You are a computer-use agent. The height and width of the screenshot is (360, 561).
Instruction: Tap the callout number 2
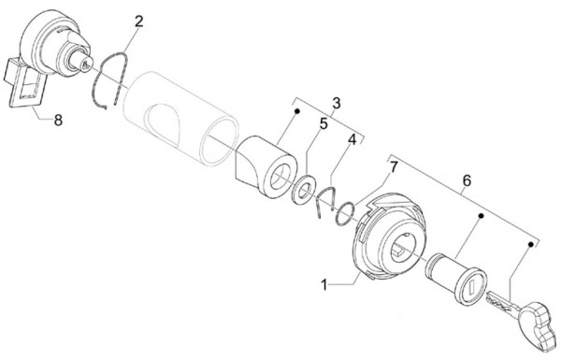click(138, 22)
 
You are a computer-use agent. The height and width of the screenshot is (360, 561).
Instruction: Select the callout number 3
click(336, 103)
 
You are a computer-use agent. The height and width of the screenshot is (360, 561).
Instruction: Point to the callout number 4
click(352, 140)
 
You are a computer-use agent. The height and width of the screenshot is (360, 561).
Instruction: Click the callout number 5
click(324, 124)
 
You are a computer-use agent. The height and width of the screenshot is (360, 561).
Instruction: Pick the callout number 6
click(467, 180)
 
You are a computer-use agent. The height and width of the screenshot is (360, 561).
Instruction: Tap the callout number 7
click(394, 166)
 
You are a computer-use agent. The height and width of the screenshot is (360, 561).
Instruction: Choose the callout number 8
click(58, 121)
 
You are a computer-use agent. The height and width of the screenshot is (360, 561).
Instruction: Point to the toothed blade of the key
click(499, 299)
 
